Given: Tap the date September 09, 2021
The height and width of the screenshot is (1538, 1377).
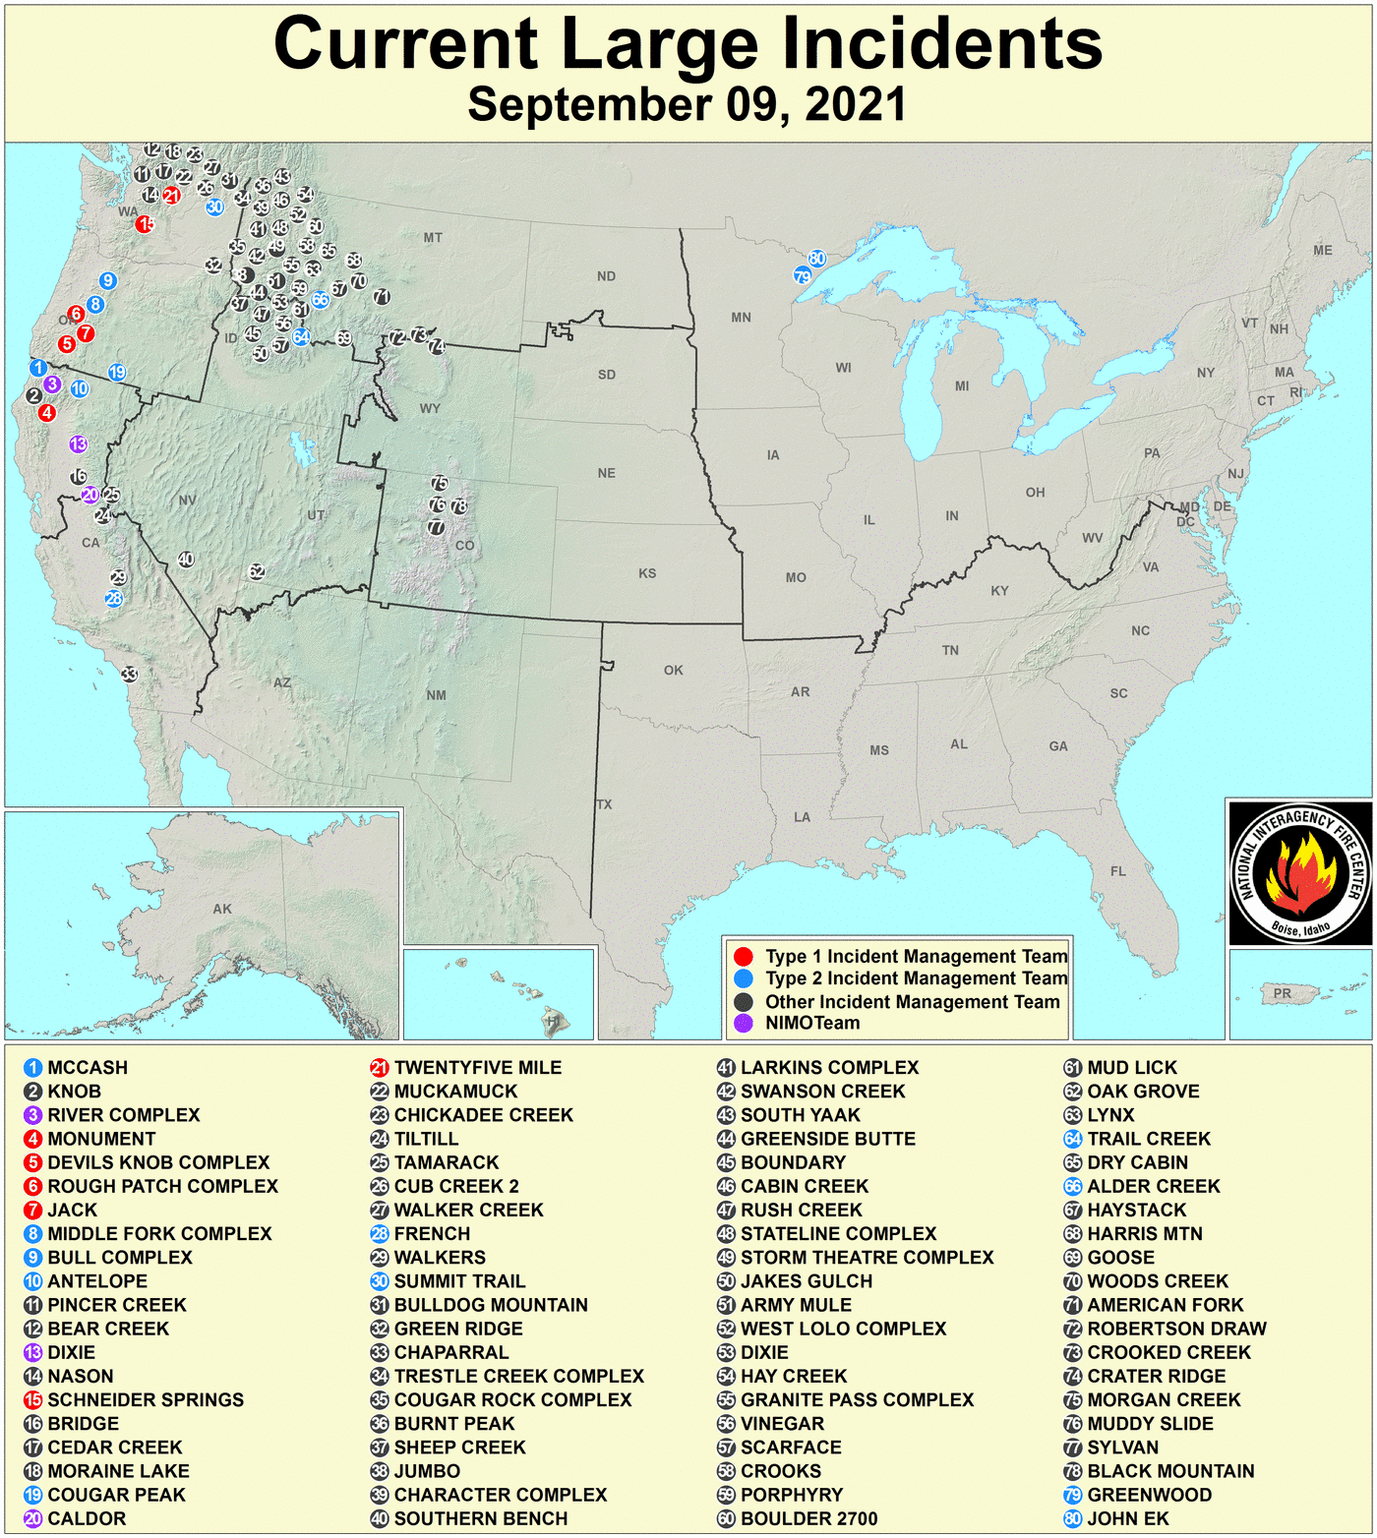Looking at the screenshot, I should pos(687,104).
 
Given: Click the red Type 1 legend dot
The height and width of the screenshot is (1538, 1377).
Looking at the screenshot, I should pos(744,956).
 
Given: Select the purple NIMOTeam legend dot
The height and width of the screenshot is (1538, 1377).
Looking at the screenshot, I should pos(744,1023).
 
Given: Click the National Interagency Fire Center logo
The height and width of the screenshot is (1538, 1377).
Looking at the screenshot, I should pos(1299,873).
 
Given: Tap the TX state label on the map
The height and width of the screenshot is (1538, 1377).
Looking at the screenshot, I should pos(604,804).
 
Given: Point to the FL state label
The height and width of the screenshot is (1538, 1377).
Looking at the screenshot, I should pos(1118,871).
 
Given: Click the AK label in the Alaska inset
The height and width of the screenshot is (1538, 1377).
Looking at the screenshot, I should pos(222,909).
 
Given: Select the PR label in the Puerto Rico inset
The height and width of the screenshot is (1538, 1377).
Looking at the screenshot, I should pos(1283,993).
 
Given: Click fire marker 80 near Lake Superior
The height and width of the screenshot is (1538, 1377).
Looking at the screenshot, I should pos(816,260).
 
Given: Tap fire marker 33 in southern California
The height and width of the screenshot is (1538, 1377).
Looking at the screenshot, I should pos(129,675).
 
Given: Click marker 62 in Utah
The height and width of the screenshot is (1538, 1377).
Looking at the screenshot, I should pos(257,571).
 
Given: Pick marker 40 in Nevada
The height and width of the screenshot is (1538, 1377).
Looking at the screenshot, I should pos(186,560).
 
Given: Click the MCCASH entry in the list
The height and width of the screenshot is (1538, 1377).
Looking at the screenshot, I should pos(87,1068).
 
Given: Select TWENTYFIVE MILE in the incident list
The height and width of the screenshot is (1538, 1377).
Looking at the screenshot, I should pos(477,1068).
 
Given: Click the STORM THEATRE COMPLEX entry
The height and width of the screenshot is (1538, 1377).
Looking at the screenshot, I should pos(867,1258).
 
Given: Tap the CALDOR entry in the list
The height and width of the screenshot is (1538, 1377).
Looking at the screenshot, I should pos(87,1518).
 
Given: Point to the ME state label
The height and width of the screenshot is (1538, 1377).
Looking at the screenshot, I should pos(1323,251).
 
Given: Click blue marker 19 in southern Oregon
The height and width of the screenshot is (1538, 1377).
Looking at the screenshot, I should pos(116,372).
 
